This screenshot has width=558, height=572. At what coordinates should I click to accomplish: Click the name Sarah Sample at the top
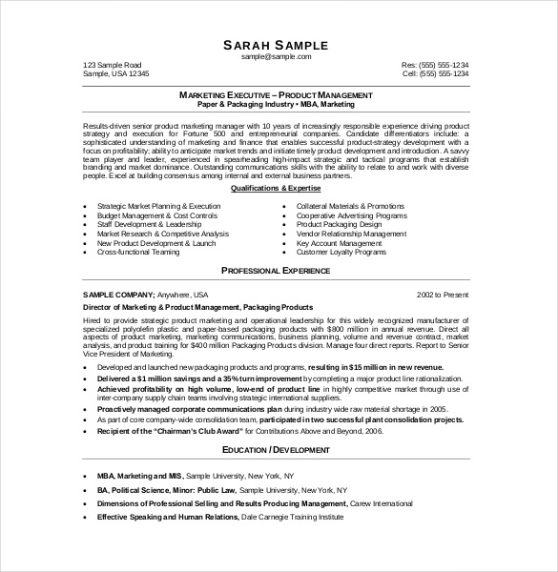tap(276, 45)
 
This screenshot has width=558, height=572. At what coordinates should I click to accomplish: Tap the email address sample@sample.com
tap(276, 57)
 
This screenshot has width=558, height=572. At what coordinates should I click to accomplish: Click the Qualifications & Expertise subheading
tap(276, 189)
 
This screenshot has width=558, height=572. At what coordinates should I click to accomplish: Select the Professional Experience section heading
tap(276, 272)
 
